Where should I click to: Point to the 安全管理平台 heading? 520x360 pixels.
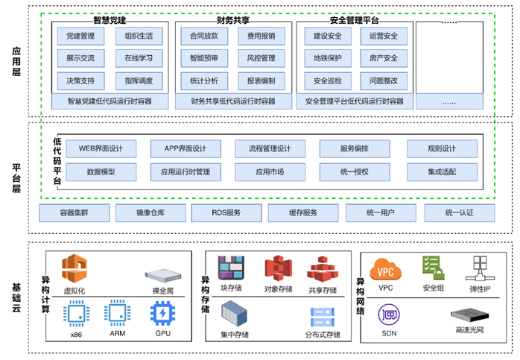(354, 19)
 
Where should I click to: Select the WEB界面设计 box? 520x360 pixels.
(101, 148)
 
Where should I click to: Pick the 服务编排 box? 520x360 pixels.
(355, 148)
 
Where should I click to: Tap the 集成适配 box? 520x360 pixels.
(441, 172)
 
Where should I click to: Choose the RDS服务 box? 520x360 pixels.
(226, 213)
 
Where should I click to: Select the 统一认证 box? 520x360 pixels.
(459, 213)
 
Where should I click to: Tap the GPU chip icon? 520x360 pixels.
(162, 314)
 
